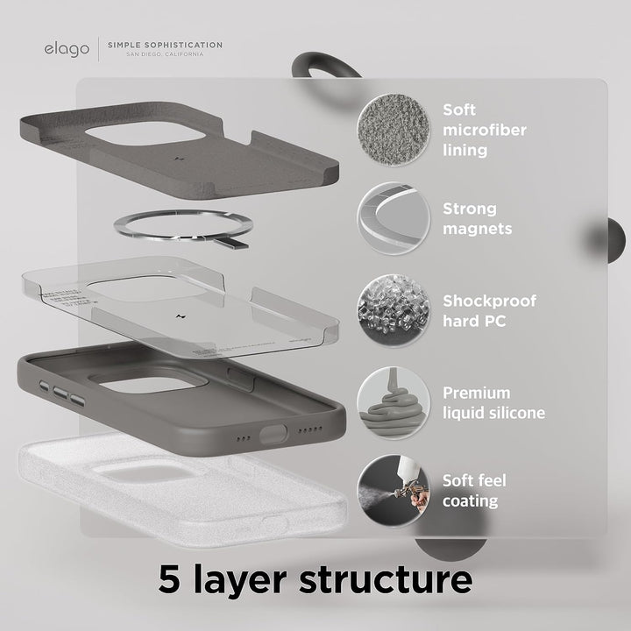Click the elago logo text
pyautogui.click(x=67, y=47)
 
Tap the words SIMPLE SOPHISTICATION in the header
pyautogui.click(x=164, y=45)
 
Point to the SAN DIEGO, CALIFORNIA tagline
pyautogui.click(x=164, y=54)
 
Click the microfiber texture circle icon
pyautogui.click(x=392, y=130)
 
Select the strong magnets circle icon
pyautogui.click(x=392, y=219)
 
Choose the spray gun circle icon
pyautogui.click(x=392, y=490)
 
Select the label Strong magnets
pyautogui.click(x=477, y=219)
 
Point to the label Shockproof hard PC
pyautogui.click(x=489, y=310)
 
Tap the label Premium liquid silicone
pyautogui.click(x=493, y=402)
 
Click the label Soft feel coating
pyautogui.click(x=474, y=491)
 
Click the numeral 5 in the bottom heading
pyautogui.click(x=173, y=579)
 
